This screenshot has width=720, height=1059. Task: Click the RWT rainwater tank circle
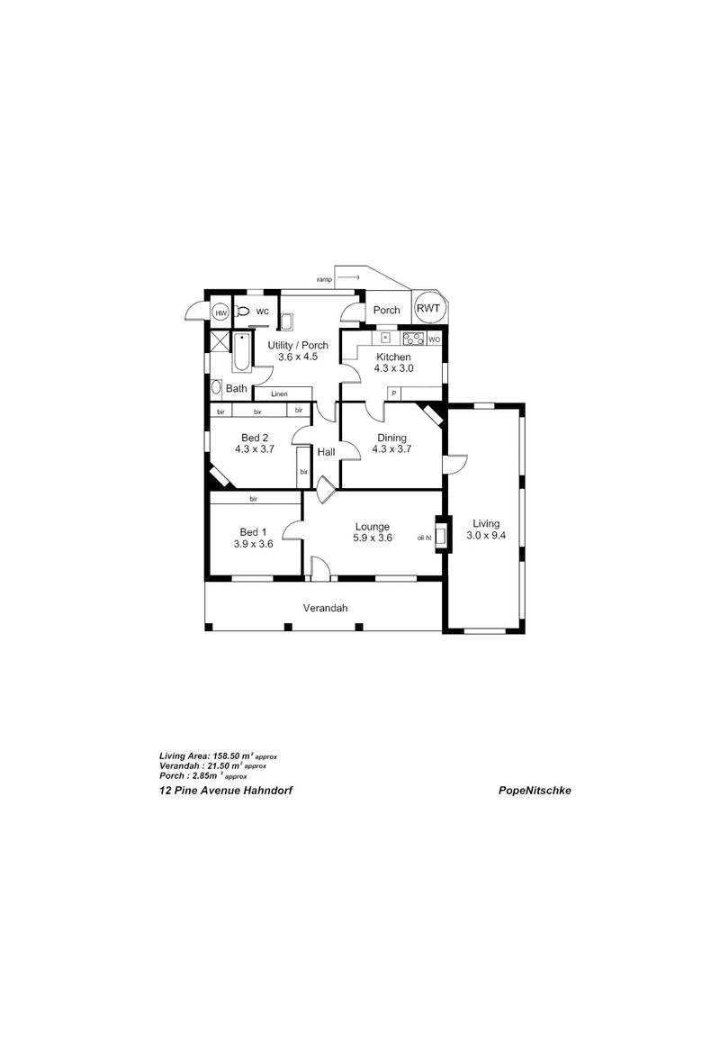427,309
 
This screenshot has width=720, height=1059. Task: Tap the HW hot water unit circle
220,312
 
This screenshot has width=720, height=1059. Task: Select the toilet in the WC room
241,312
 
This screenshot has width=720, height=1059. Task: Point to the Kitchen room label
393,357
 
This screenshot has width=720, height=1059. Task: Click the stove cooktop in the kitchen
414,339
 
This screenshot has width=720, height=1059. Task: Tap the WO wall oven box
434,339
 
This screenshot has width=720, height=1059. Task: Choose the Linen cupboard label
279,394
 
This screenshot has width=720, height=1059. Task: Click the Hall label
326,452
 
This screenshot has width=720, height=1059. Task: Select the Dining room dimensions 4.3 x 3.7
392,449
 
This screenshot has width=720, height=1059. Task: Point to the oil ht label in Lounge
425,538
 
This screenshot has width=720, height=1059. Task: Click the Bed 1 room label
253,532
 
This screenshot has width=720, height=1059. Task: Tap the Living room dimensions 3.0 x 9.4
486,536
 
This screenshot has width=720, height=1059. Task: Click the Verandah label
325,608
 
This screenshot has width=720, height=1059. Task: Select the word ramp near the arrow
325,279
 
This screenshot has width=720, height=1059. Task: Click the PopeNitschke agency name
535,791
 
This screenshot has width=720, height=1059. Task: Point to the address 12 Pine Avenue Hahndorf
226,791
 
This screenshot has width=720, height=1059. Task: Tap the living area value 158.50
228,756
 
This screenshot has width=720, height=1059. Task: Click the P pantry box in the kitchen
393,393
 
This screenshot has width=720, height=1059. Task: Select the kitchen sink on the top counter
386,338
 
